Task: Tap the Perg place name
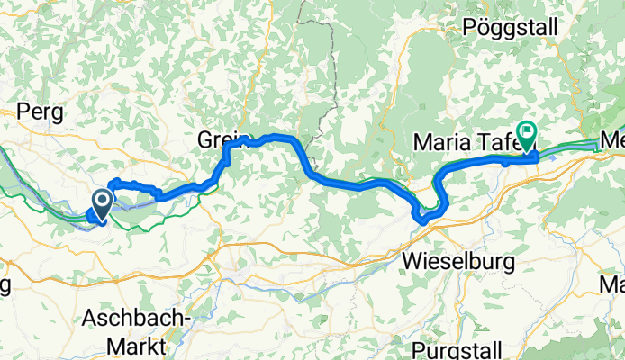[x=39, y=112]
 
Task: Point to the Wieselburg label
[x=457, y=262]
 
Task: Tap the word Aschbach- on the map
[x=136, y=318]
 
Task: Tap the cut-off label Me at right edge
[x=612, y=141]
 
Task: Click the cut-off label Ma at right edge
[x=612, y=286]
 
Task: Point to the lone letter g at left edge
[x=5, y=287]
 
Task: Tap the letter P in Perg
[x=23, y=112]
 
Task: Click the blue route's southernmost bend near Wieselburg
[x=421, y=217]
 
